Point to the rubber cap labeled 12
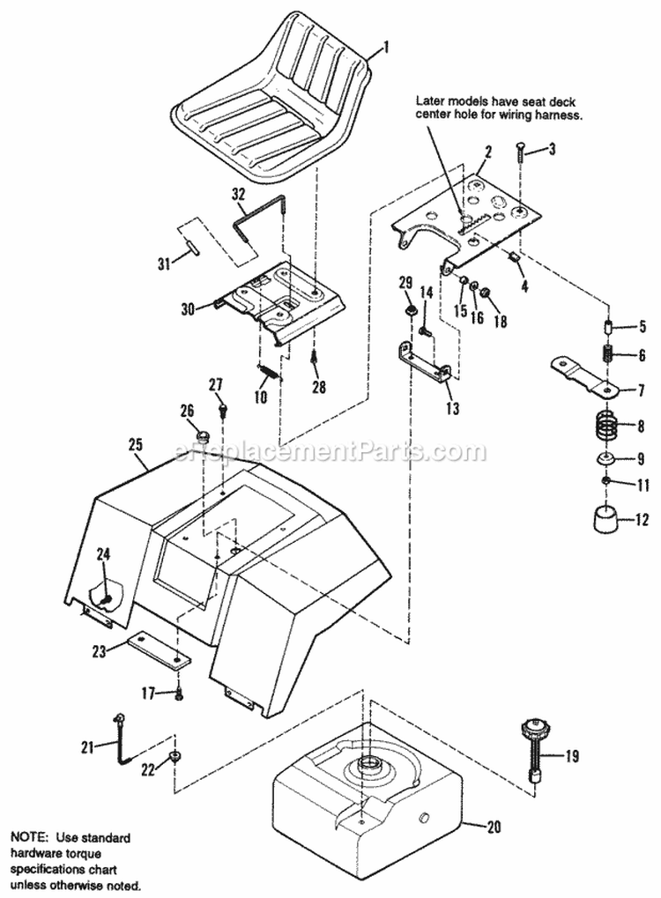point(604,520)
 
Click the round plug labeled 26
point(203,434)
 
